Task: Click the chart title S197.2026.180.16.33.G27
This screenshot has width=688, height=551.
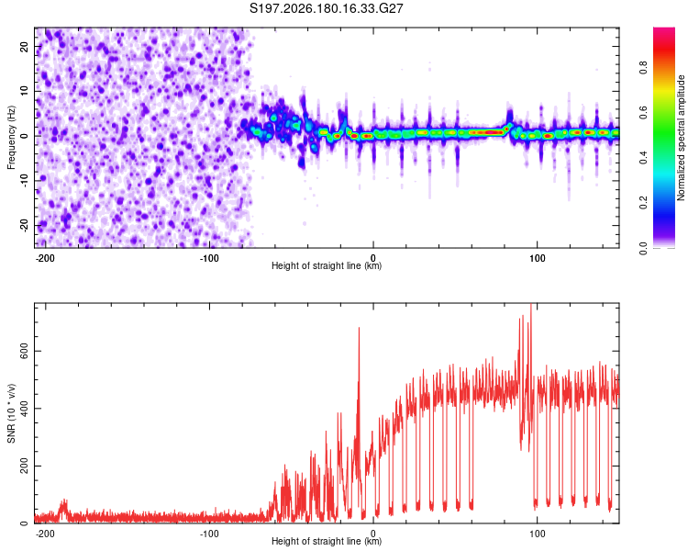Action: pos(326,8)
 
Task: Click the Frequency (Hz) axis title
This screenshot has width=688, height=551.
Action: pos(11,137)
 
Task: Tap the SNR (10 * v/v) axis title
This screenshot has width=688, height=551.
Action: pos(11,413)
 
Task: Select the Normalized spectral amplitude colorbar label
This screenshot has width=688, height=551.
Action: pos(681,138)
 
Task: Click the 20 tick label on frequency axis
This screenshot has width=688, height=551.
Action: pos(25,46)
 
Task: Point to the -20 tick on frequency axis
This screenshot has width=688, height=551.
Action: pos(25,226)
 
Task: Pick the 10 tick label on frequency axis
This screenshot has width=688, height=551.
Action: pos(25,91)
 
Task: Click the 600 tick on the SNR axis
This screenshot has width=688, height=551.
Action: pos(25,351)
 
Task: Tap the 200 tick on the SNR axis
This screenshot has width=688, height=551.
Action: pos(25,466)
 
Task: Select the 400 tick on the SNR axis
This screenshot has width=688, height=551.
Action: pos(25,409)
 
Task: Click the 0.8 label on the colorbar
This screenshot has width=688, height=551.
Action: pos(643,68)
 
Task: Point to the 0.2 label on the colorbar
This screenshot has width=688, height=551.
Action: pos(643,203)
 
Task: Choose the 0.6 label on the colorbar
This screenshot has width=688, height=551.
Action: pos(643,112)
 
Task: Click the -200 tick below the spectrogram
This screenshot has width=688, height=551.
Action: pos(45,258)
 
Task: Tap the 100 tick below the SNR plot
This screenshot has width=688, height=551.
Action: pos(537,534)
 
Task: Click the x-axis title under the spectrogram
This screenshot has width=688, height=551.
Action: pos(327,265)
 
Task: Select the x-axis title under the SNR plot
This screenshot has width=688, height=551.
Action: pos(327,541)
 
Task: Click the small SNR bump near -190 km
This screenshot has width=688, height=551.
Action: pos(64,505)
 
